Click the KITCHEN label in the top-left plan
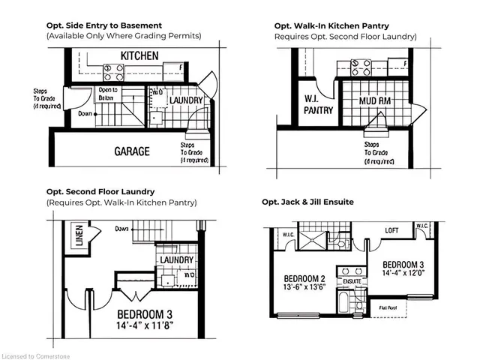click(139, 55)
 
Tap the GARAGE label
click(131, 151)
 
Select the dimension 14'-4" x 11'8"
click(154, 327)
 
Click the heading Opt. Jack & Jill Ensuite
click(307, 202)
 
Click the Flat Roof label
click(388, 307)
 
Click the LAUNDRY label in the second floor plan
click(177, 260)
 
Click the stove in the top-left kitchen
click(114, 71)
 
